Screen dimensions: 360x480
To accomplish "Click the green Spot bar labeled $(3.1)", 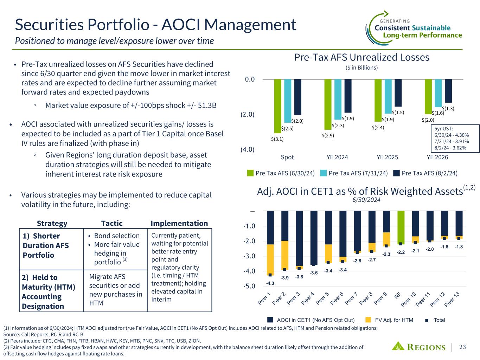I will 278,105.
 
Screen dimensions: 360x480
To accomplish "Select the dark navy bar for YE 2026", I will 448,91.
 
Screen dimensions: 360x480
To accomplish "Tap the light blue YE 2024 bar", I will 338,99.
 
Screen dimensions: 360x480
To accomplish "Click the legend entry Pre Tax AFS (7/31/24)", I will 354,173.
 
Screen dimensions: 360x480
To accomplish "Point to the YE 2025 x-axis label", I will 387,157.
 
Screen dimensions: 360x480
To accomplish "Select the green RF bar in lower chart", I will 401,227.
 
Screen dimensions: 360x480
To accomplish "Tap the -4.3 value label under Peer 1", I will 270,283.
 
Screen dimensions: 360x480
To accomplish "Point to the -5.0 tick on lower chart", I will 249,286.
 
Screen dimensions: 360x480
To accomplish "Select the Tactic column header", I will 112,223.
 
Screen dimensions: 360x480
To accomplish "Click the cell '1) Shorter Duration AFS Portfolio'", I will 46,245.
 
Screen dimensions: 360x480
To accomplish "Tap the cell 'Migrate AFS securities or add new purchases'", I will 115,290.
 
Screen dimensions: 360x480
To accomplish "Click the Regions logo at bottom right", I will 419,347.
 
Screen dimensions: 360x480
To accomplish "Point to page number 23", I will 462,347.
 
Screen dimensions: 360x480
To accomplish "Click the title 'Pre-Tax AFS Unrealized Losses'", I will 362,57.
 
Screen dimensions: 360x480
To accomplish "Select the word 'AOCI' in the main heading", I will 182,25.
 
